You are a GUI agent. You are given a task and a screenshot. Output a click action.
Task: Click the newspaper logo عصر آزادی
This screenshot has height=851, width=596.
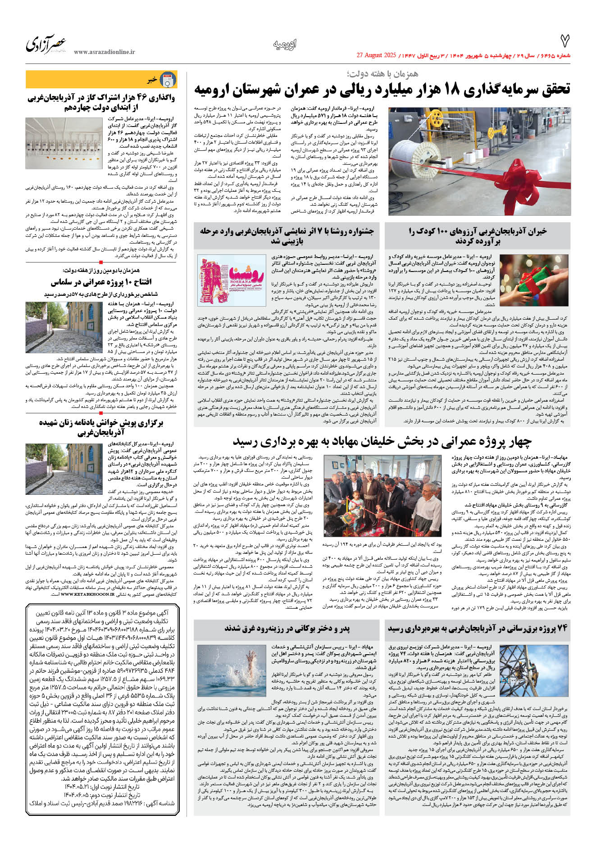[x=46, y=44]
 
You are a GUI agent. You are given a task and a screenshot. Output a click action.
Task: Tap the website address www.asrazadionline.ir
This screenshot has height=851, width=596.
[x=104, y=52]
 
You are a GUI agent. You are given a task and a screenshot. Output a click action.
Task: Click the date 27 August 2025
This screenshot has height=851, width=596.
[x=376, y=55]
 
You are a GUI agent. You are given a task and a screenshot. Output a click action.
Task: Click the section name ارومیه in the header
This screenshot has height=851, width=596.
[x=285, y=45]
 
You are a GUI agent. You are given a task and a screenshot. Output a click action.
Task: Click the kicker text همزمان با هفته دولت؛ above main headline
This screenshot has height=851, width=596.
[x=382, y=73]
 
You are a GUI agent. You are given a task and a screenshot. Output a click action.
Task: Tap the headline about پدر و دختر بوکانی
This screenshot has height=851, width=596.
[x=287, y=628]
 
